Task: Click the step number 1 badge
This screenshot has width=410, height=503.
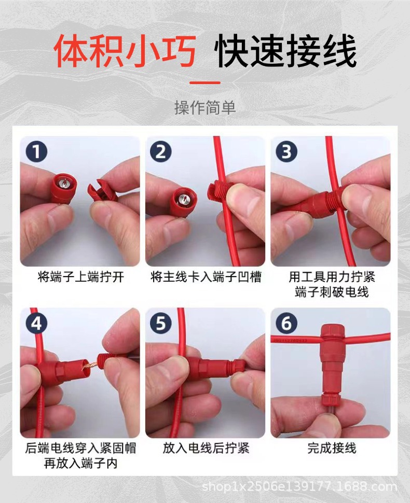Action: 36,151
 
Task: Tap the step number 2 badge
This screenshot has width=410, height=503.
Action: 161,151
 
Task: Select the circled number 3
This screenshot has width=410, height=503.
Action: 286,151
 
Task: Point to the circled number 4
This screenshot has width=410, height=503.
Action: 36,323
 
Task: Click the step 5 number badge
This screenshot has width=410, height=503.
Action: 161,323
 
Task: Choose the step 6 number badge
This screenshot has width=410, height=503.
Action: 286,323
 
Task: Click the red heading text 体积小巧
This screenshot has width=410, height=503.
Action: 125,51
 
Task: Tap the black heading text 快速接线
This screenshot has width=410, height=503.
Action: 285,51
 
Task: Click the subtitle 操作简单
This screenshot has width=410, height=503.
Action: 205,107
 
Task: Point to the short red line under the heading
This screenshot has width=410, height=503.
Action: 205,83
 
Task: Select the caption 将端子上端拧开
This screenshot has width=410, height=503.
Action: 80,277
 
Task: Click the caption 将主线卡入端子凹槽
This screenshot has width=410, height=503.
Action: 206,277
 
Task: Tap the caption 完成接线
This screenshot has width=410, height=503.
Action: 332,448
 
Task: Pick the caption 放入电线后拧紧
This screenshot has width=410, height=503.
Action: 206,448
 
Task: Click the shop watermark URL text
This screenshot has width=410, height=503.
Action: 299,486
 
